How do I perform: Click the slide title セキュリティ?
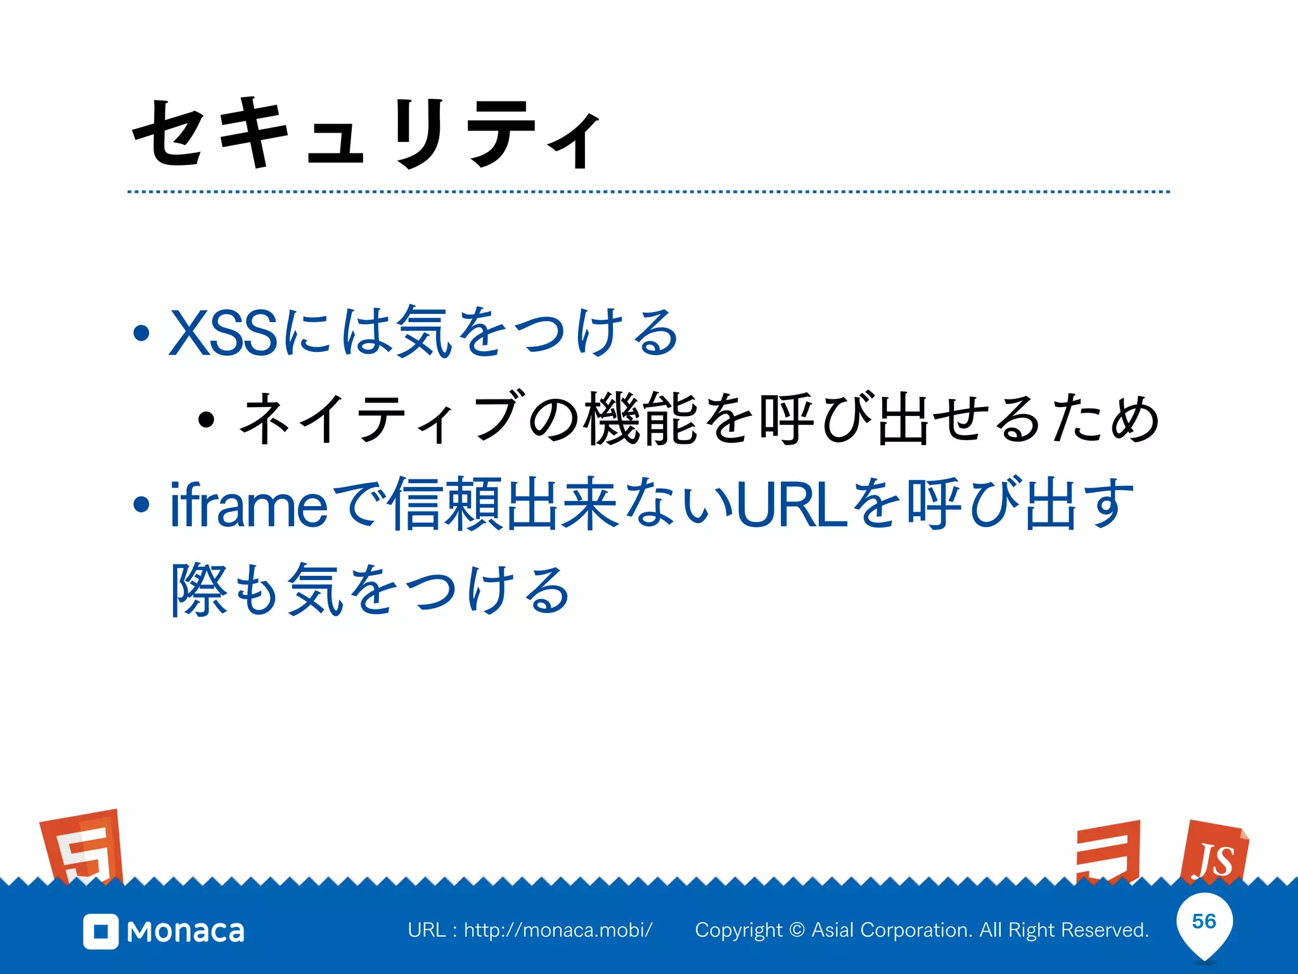[366, 134]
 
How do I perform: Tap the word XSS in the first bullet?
[223, 332]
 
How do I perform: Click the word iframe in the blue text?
[248, 505]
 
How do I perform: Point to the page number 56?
[1204, 921]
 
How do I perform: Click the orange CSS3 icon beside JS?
[1109, 852]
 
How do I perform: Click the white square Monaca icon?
[101, 932]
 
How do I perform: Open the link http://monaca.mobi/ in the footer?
[558, 930]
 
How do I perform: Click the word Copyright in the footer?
[739, 930]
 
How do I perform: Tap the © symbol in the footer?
[798, 930]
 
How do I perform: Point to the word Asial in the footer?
[833, 930]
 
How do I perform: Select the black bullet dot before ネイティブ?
[205, 420]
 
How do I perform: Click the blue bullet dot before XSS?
[141, 333]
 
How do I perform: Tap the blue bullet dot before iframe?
[141, 505]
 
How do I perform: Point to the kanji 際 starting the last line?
[199, 590]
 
